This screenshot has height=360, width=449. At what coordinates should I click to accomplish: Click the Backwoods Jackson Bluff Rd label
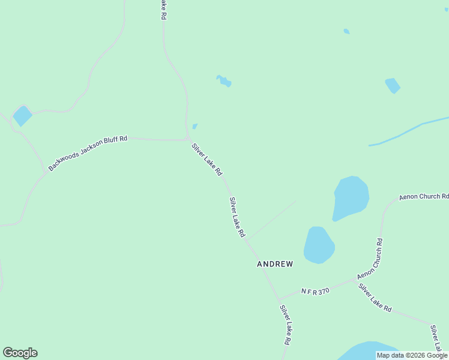(88, 154)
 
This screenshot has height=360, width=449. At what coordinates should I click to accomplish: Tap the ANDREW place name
(275, 264)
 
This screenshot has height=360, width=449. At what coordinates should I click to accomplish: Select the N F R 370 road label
(316, 291)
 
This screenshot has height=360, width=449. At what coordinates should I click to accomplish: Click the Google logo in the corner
(20, 353)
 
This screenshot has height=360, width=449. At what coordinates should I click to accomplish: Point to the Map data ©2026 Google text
(412, 355)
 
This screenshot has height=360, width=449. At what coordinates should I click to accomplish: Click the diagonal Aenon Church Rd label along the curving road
(370, 259)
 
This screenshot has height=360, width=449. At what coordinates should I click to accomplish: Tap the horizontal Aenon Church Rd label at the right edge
(424, 196)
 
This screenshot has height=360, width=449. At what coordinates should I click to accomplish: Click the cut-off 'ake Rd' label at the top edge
(163, 10)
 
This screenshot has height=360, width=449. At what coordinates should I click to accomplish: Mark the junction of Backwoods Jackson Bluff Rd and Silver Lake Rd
(188, 140)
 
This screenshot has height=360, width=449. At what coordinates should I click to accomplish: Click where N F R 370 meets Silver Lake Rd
(279, 299)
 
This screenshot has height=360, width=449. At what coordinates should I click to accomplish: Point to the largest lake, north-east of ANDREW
(351, 198)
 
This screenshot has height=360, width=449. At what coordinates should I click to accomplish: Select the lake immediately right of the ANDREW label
(318, 245)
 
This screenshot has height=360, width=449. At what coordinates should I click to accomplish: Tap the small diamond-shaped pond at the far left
(23, 116)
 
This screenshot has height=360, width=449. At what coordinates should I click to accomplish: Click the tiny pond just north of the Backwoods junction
(194, 127)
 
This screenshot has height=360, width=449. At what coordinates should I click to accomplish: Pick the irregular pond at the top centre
(224, 81)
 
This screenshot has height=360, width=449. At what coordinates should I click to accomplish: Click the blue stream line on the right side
(408, 130)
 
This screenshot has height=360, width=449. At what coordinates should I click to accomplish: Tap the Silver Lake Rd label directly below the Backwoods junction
(207, 159)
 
